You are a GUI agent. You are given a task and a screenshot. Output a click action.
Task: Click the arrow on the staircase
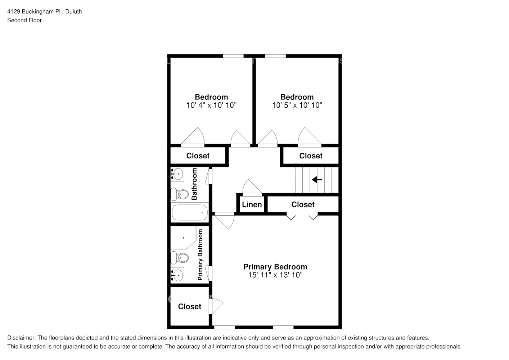click(317, 179)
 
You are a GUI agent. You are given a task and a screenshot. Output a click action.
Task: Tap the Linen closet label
click(252, 204)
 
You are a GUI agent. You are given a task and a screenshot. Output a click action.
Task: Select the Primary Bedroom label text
click(275, 267)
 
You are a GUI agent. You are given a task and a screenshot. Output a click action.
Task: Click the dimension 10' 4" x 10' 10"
click(211, 105)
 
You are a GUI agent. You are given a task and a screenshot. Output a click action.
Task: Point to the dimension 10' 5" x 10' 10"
click(297, 105)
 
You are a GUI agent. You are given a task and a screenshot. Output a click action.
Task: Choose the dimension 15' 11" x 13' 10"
click(275, 275)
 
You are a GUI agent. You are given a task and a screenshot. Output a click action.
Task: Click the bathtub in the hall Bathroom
click(190, 212)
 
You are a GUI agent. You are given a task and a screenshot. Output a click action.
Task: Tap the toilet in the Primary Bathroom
click(180, 258)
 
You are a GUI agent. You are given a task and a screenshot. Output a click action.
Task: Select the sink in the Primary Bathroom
click(177, 275)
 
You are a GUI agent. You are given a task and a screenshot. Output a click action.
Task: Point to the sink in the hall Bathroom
click(177, 174)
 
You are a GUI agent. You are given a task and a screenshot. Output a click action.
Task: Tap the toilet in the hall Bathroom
click(180, 194)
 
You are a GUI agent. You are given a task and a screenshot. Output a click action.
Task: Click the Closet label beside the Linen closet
click(303, 204)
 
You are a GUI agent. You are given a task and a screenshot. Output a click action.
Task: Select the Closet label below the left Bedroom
click(198, 156)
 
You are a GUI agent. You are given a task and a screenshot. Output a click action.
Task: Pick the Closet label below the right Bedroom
click(311, 156)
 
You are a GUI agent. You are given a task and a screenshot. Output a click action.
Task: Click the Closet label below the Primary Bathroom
click(189, 306)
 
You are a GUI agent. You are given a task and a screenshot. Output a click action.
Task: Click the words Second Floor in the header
click(24, 20)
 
